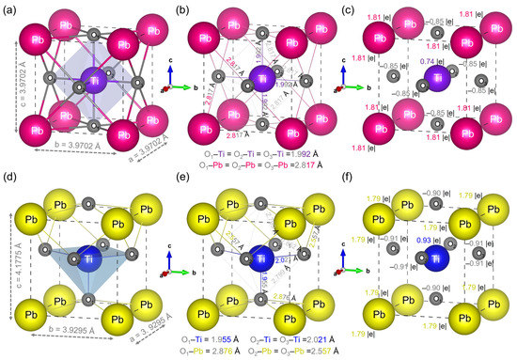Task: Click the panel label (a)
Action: coord(10,10)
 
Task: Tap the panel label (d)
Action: coord(10,186)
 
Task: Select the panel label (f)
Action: coord(358,186)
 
